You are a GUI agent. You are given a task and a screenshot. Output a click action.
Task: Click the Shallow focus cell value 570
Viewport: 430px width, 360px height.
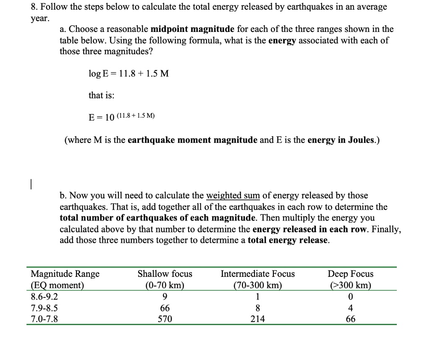click(165, 319)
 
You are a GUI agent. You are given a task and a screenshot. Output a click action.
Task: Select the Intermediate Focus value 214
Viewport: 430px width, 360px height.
click(257, 319)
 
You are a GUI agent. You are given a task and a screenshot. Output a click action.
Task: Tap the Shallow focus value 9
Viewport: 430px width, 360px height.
click(165, 297)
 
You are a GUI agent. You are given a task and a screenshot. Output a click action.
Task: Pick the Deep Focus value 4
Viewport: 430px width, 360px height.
click(351, 308)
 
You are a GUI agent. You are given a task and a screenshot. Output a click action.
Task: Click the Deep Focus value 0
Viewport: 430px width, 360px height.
click(351, 297)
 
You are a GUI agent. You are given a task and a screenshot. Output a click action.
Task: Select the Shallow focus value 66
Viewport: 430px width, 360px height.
click(165, 308)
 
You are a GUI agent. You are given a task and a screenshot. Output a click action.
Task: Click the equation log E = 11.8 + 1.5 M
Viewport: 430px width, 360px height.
click(128, 74)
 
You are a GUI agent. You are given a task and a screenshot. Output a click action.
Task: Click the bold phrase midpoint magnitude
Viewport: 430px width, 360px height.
click(192, 29)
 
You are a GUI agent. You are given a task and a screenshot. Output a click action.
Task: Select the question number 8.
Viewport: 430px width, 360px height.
click(34, 7)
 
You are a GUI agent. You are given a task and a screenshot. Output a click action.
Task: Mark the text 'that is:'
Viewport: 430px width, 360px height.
click(101, 95)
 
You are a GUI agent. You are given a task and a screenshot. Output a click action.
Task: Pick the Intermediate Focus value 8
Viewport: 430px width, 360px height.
click(257, 308)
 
